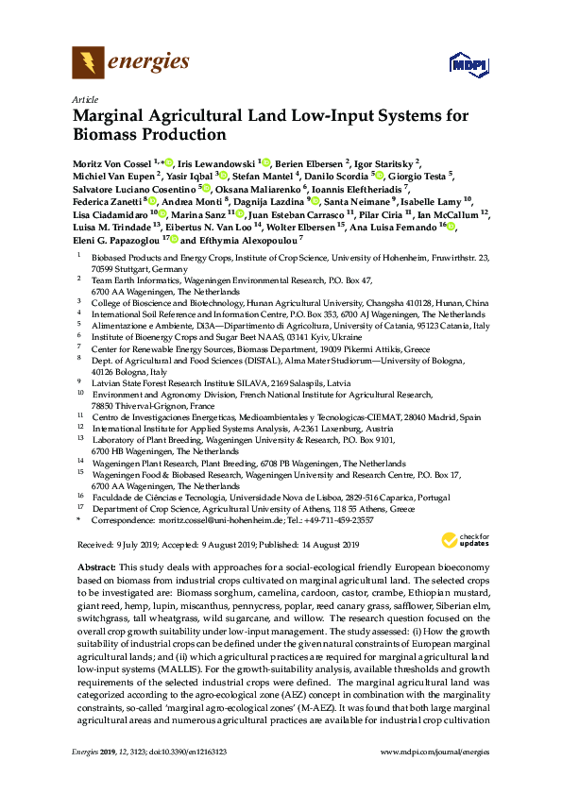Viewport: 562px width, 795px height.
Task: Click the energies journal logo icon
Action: [89, 63]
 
